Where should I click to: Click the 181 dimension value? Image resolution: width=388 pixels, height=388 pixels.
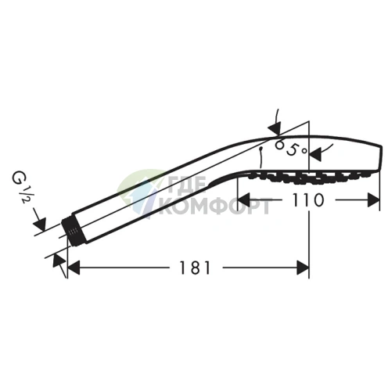tap(195, 268)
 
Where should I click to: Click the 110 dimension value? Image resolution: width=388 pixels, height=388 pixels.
tap(308, 200)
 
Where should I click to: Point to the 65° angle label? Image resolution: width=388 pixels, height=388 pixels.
tap(291, 148)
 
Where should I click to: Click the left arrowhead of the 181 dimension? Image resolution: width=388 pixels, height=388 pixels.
tap(74, 268)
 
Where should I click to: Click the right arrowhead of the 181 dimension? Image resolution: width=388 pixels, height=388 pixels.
tap(303, 268)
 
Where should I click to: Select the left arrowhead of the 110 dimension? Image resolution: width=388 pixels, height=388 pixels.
tap(244, 200)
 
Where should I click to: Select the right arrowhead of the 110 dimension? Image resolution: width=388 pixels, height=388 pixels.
tap(373, 200)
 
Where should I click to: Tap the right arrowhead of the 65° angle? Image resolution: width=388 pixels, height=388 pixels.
tap(315, 154)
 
